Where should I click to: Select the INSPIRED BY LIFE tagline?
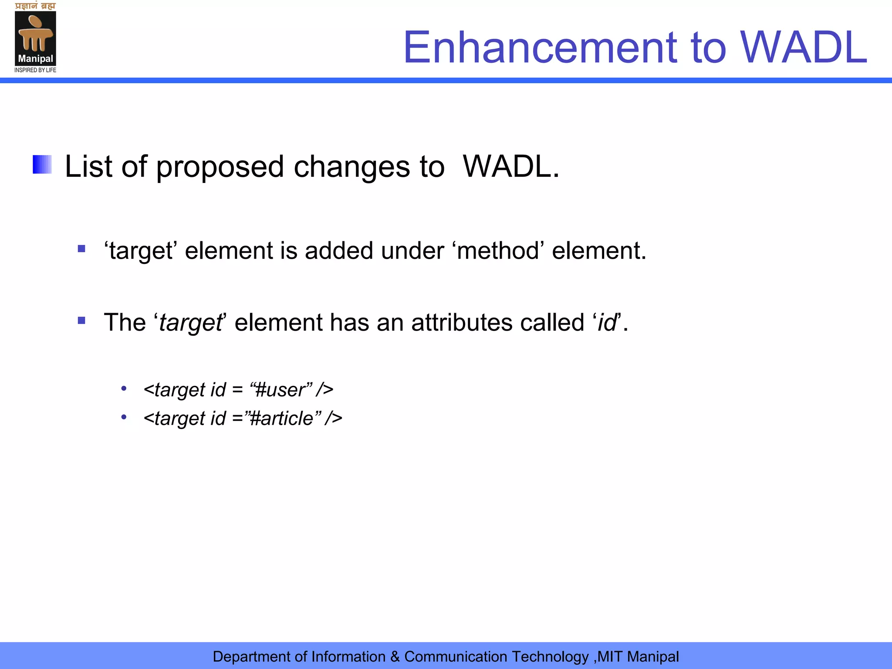tap(35, 70)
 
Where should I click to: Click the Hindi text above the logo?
tap(35, 6)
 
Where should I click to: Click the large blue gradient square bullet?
tap(42, 165)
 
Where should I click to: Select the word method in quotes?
tap(498, 251)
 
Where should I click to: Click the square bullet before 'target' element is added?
tap(81, 249)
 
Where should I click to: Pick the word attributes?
tap(462, 323)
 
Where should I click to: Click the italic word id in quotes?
tap(607, 323)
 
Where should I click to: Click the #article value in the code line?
tap(283, 419)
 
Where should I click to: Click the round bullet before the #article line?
tap(124, 417)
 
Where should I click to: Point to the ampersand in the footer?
tap(395, 657)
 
